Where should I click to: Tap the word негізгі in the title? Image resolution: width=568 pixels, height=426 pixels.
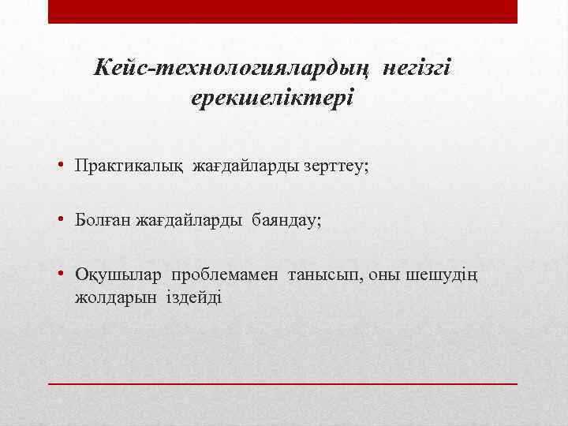coord(417,69)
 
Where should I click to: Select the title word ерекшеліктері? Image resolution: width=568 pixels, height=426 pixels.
coord(272,99)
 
